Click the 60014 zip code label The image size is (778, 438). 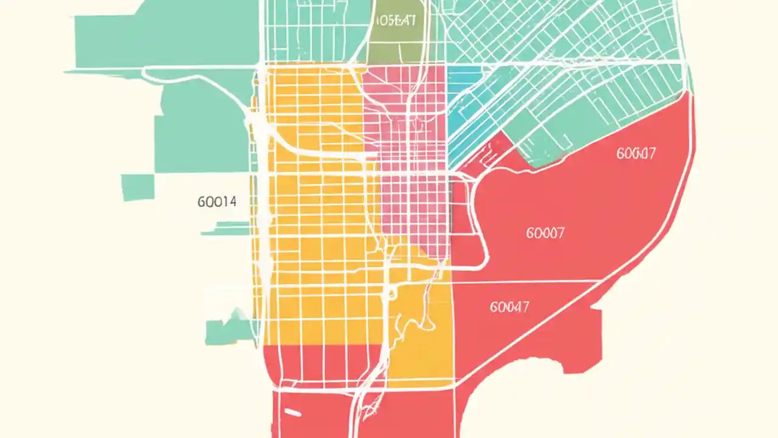217,201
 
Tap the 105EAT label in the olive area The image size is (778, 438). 395,20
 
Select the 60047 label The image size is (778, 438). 509,307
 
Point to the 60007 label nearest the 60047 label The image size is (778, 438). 545,232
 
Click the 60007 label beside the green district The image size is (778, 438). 636,153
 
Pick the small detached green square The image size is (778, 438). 137,187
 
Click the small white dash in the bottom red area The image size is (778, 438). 292,414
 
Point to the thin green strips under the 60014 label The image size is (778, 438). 226,228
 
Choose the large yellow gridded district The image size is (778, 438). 316,243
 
